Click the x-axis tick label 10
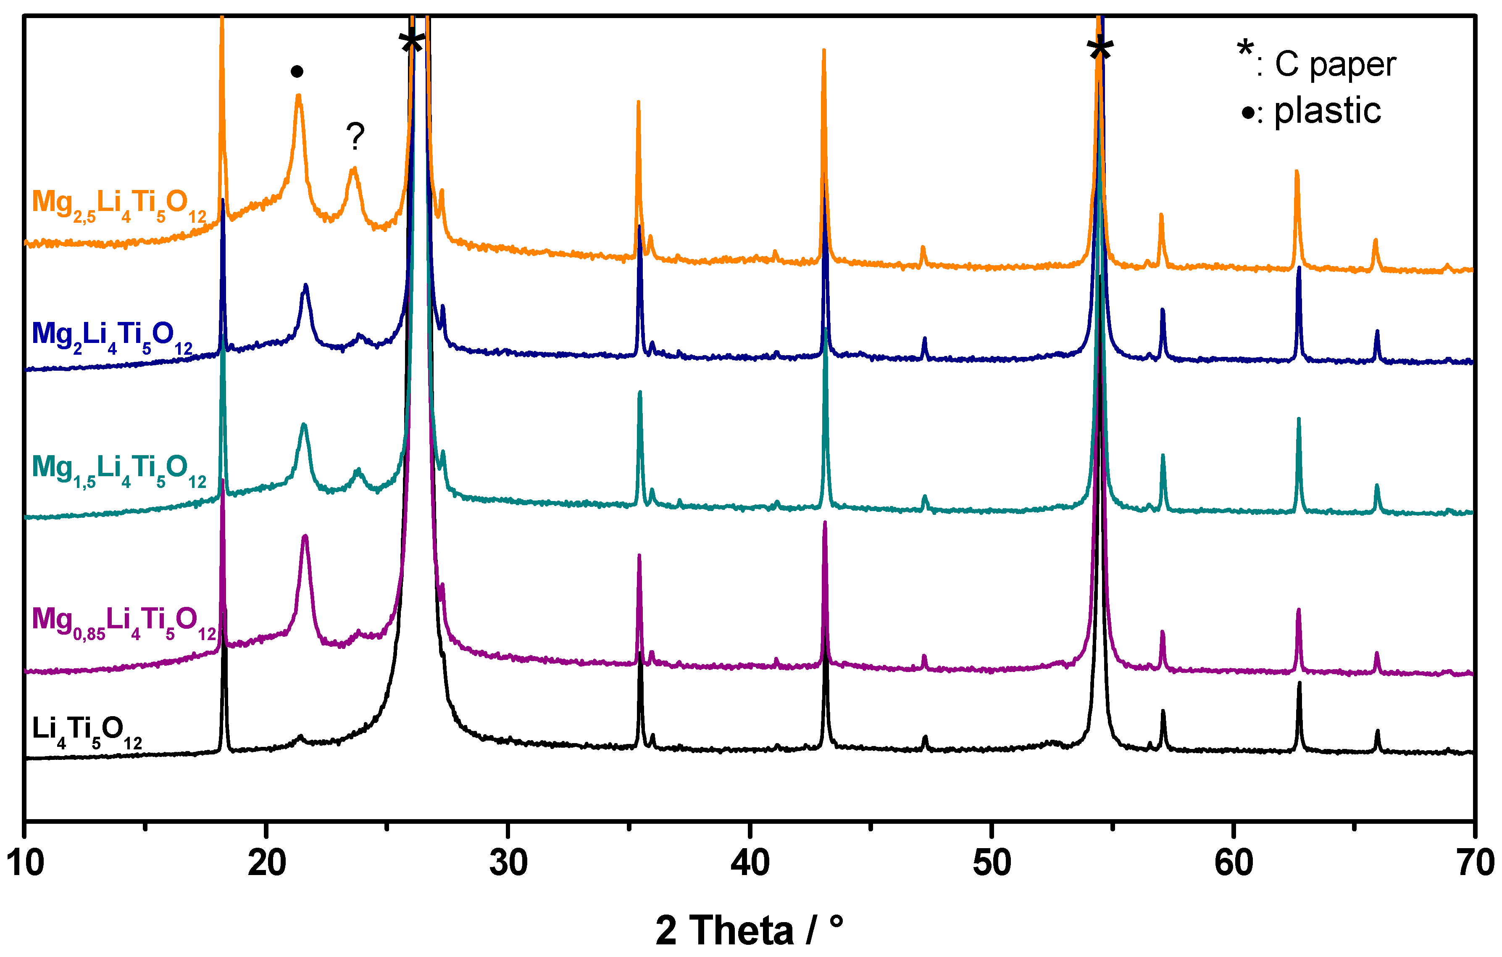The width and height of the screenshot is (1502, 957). (x=25, y=863)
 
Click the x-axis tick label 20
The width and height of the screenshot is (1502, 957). (x=266, y=863)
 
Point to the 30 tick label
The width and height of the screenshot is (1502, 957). (x=508, y=863)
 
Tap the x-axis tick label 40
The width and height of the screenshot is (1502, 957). (x=750, y=863)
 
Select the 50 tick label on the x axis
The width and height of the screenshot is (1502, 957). (x=992, y=863)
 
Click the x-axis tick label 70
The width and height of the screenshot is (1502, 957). (x=1475, y=863)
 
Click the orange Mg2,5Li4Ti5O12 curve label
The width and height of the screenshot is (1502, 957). (x=118, y=205)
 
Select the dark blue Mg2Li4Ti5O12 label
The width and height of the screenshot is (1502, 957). (x=112, y=337)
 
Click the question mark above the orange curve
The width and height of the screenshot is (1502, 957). (x=355, y=136)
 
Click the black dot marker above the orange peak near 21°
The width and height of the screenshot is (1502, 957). (x=297, y=72)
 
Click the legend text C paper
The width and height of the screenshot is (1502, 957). (x=1335, y=64)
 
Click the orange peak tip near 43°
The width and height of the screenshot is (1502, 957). (x=824, y=51)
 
